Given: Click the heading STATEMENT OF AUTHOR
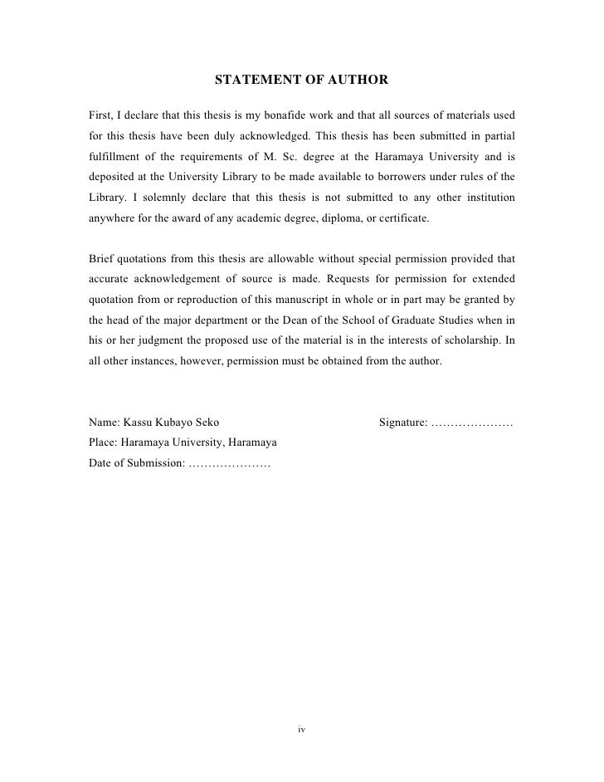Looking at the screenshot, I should point(301,81).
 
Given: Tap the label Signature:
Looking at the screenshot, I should point(403,423).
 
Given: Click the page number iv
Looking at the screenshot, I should point(302,730).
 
